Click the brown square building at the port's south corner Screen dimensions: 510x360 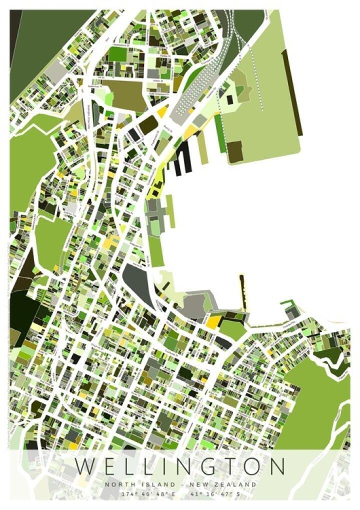click(x=234, y=151)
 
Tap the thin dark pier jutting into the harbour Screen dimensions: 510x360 click(x=242, y=290)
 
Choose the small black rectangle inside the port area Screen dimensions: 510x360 click(x=229, y=100)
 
